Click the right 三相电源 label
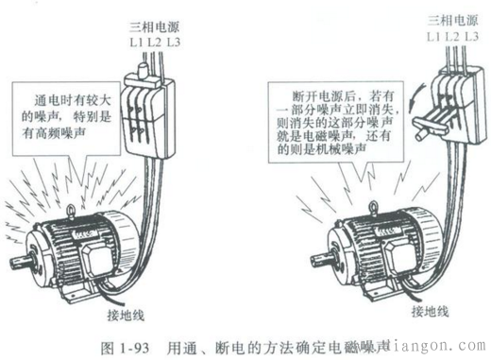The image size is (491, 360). [452, 19]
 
